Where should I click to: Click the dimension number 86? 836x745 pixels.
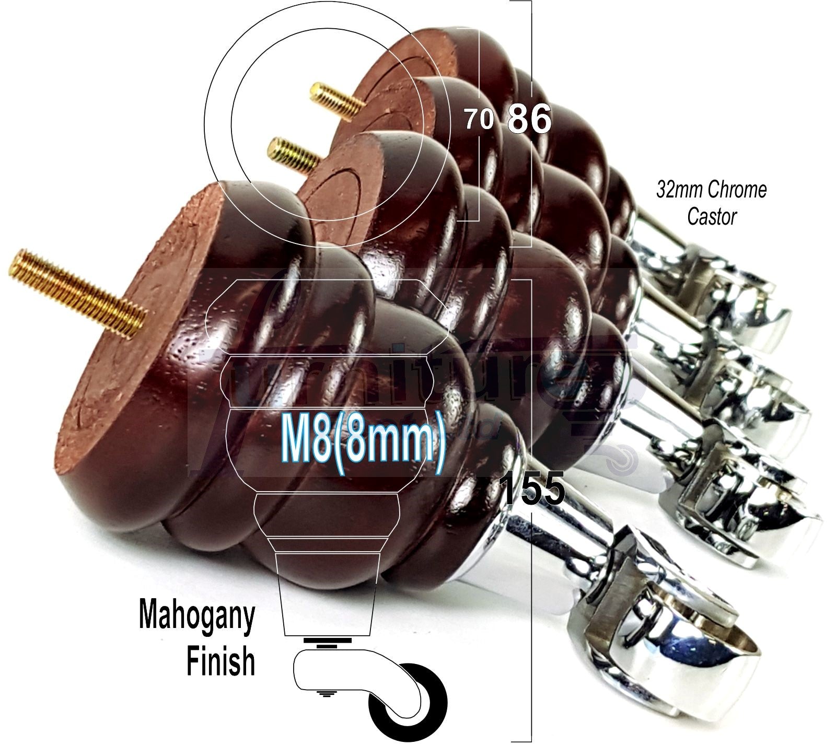click(x=529, y=119)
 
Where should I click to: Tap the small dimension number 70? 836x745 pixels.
click(x=479, y=120)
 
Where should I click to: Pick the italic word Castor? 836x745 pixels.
click(x=711, y=216)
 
